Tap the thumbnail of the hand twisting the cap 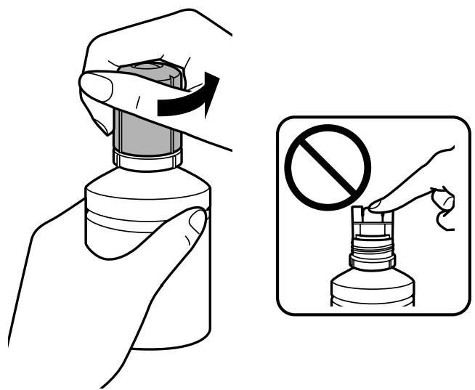click(x=94, y=87)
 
